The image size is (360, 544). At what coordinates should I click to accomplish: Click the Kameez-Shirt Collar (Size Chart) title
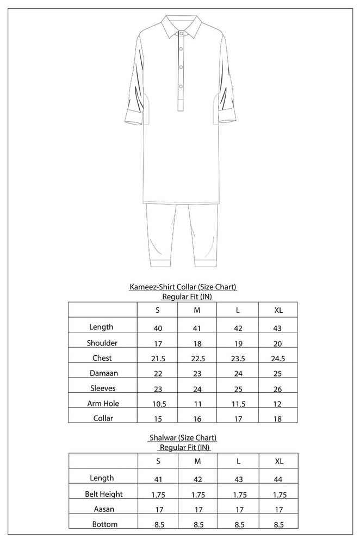[x=182, y=287]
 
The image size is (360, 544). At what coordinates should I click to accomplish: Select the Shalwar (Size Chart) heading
[x=182, y=437]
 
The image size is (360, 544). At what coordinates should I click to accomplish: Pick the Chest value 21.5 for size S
[x=157, y=358]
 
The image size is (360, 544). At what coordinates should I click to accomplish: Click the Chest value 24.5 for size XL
[x=278, y=358]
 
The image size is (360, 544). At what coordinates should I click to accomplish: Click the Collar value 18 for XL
[x=278, y=419]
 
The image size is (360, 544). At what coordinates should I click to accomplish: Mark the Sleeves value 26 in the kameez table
[x=278, y=389]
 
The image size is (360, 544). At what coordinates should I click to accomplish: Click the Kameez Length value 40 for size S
[x=157, y=327]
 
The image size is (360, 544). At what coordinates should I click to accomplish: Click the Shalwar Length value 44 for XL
[x=278, y=479]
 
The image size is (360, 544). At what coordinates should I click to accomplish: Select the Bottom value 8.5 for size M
[x=197, y=524]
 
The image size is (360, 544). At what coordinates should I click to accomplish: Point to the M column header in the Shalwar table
[x=197, y=461]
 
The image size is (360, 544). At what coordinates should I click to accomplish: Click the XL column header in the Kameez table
[x=278, y=311]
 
